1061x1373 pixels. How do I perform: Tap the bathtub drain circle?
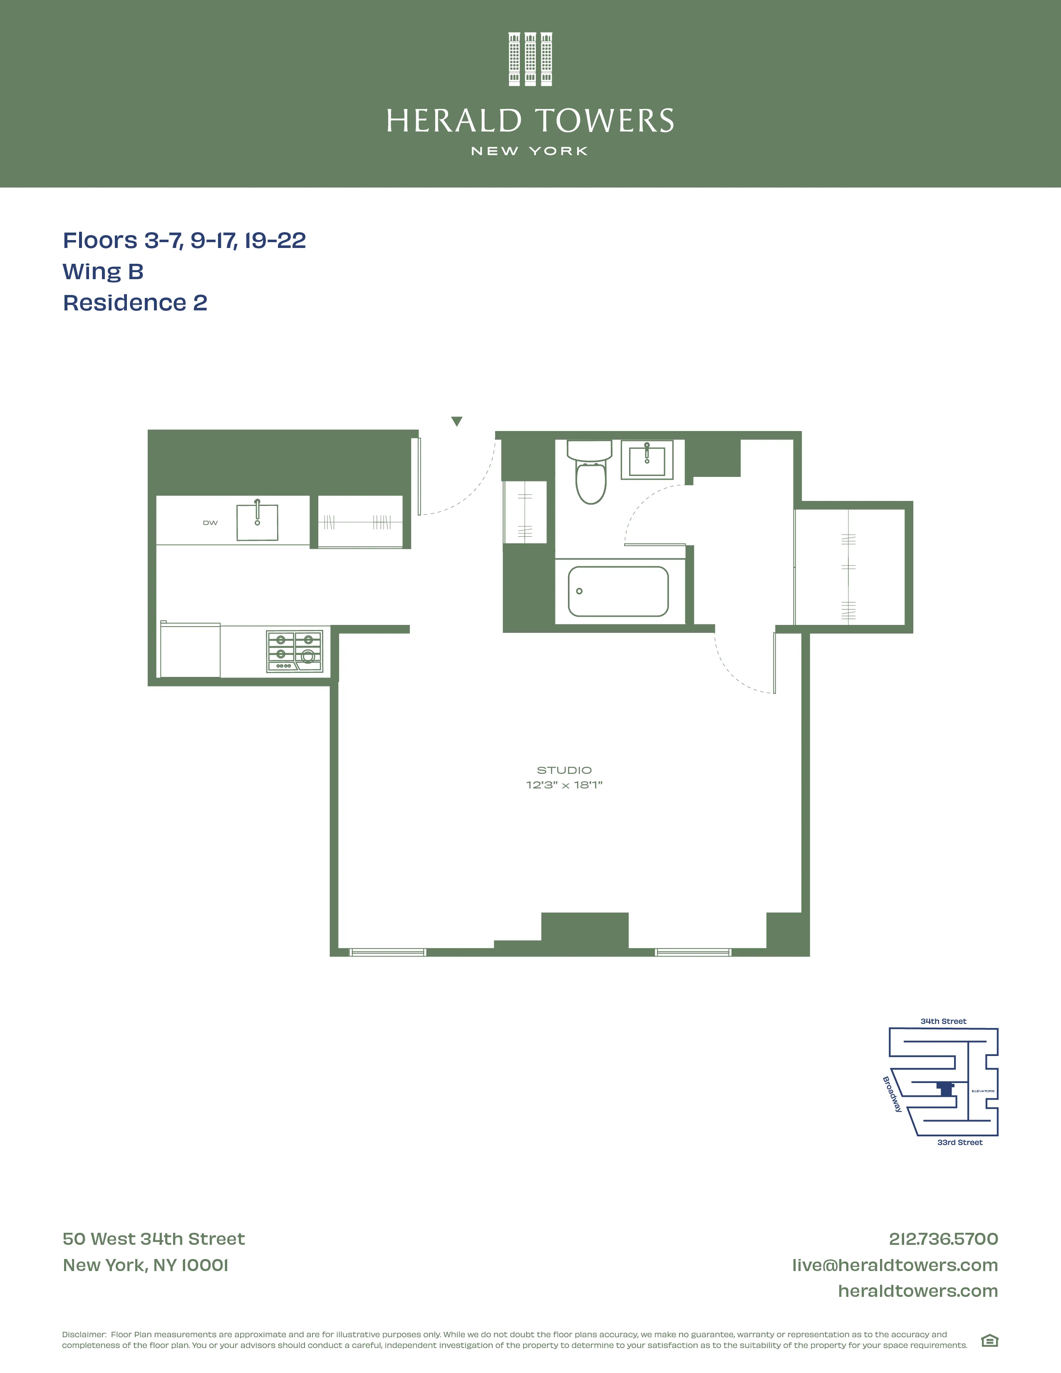[x=579, y=591]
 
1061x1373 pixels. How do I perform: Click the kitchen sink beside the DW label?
[x=257, y=522]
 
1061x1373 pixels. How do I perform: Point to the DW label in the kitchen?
[x=210, y=523]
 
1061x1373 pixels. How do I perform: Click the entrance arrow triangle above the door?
[x=457, y=421]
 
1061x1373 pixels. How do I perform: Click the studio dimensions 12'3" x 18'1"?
[x=564, y=785]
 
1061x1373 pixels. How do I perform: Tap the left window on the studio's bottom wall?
[x=388, y=952]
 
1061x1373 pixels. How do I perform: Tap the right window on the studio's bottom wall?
[x=693, y=952]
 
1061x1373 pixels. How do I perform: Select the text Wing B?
[x=103, y=272]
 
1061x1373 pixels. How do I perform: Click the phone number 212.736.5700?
[x=943, y=1239]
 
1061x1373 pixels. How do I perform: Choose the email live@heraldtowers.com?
[x=895, y=1265]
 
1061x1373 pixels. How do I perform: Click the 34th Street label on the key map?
[x=943, y=1021]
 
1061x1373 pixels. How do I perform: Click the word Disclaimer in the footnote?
[x=84, y=1334]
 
